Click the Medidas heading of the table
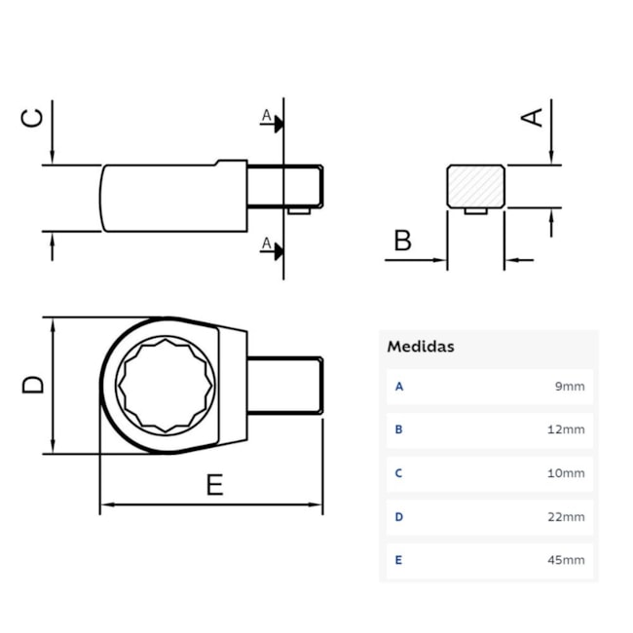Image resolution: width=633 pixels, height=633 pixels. tap(421, 347)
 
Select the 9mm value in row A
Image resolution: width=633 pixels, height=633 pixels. tap(570, 387)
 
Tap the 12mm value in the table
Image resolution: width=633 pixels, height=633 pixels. tap(568, 429)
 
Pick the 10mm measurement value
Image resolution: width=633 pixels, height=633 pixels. tap(568, 473)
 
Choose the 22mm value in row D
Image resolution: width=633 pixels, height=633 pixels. tap(568, 517)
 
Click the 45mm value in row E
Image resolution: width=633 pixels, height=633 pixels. tap(568, 561)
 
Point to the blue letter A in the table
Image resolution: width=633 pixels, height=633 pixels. tap(398, 387)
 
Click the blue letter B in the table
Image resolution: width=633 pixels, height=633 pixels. tap(398, 429)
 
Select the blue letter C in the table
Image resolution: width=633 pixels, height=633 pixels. tap(398, 473)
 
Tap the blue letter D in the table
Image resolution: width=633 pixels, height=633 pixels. tap(398, 517)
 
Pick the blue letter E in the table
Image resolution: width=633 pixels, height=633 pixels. tap(398, 561)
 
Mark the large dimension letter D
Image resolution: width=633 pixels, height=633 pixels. tap(33, 384)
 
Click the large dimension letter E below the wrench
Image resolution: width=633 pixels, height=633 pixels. tap(214, 484)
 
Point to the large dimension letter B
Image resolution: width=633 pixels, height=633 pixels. tap(402, 240)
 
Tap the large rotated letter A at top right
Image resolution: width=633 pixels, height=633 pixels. tap(533, 117)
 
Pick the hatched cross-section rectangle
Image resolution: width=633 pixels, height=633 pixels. tap(475, 185)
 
